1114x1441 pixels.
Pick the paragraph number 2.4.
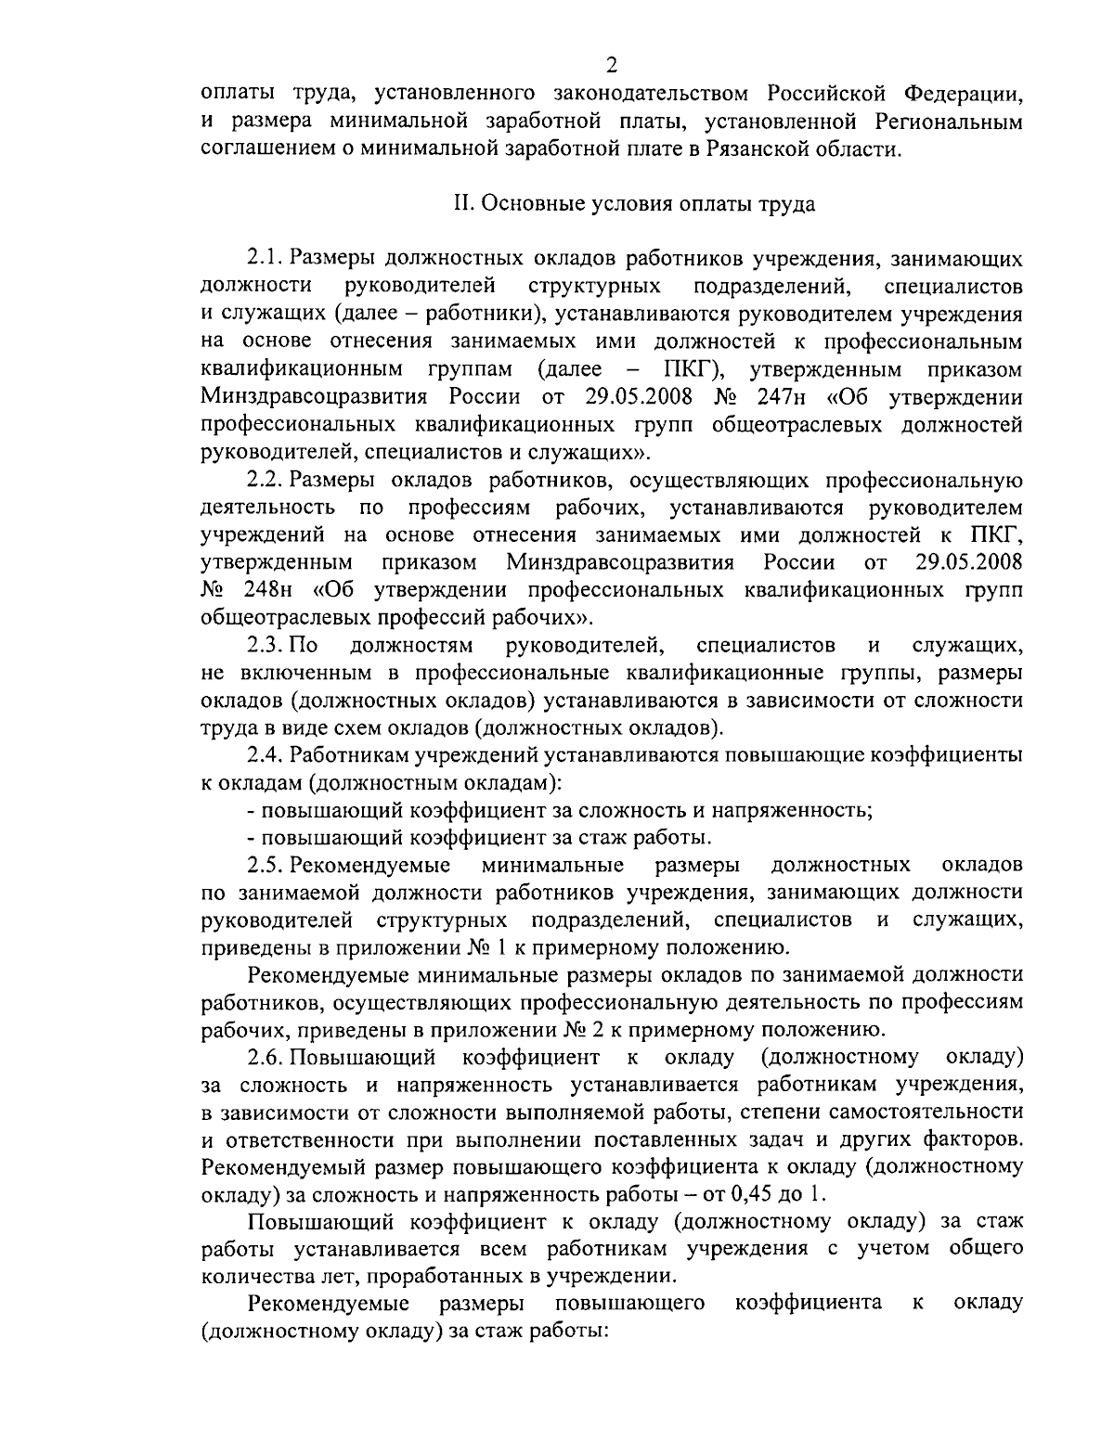265,755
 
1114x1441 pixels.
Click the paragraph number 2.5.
265,866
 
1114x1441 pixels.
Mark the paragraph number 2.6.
265,1057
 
